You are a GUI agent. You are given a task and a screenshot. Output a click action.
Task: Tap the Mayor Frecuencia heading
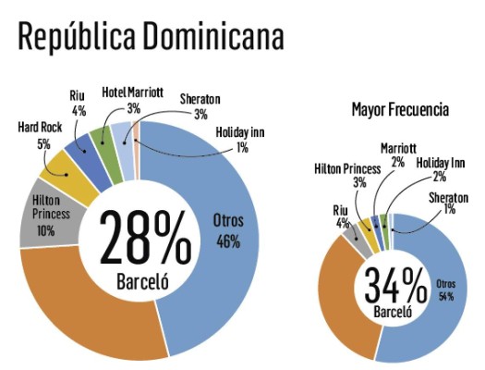(400, 110)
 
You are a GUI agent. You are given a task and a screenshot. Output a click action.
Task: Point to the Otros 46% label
(227, 234)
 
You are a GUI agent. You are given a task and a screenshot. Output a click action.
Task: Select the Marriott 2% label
(398, 154)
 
